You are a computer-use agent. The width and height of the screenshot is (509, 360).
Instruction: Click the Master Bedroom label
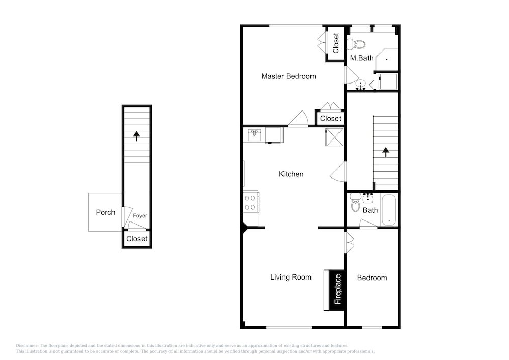coord(288,76)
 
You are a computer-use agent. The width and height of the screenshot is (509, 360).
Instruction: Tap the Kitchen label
coord(291,174)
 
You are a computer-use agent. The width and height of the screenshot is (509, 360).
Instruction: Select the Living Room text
coord(291,277)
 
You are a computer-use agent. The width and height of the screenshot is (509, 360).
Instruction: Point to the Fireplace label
coord(337,289)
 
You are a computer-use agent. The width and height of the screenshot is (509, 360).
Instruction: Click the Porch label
coord(105,212)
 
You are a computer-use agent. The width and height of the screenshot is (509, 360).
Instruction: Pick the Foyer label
coord(140,215)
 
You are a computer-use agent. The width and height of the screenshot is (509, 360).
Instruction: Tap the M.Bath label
coord(361,58)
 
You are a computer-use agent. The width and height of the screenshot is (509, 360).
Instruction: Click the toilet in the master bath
coord(356,44)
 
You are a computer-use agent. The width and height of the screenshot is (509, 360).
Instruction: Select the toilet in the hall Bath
coord(356,202)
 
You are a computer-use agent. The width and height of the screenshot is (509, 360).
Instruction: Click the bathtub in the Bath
coord(388,210)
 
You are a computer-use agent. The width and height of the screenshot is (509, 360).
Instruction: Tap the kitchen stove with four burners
coord(250,202)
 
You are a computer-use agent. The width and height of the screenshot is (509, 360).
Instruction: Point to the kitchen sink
coord(254,135)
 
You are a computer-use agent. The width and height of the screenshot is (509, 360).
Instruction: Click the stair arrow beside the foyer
coord(136,136)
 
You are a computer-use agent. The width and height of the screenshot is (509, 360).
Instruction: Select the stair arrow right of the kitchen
coord(386,152)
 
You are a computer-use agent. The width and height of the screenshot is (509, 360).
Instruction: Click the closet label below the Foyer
coord(136,239)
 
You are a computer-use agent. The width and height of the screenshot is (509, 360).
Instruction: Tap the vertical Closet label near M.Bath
coord(336,43)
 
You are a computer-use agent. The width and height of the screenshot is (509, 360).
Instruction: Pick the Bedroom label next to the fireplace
coord(372,278)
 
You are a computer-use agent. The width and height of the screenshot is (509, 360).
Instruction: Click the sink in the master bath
coord(361,86)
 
